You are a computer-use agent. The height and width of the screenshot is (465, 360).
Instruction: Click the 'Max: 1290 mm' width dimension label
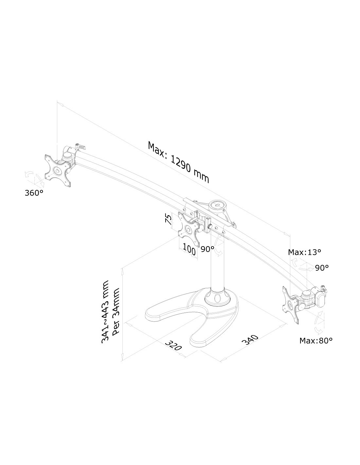[x=178, y=162]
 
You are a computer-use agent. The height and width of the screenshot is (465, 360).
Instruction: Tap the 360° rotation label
[x=34, y=193]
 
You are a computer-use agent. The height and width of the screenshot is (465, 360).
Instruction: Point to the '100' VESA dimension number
[x=189, y=250]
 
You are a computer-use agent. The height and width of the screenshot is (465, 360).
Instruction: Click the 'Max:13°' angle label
[x=304, y=252]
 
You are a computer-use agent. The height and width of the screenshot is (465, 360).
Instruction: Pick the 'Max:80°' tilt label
[x=316, y=340]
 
